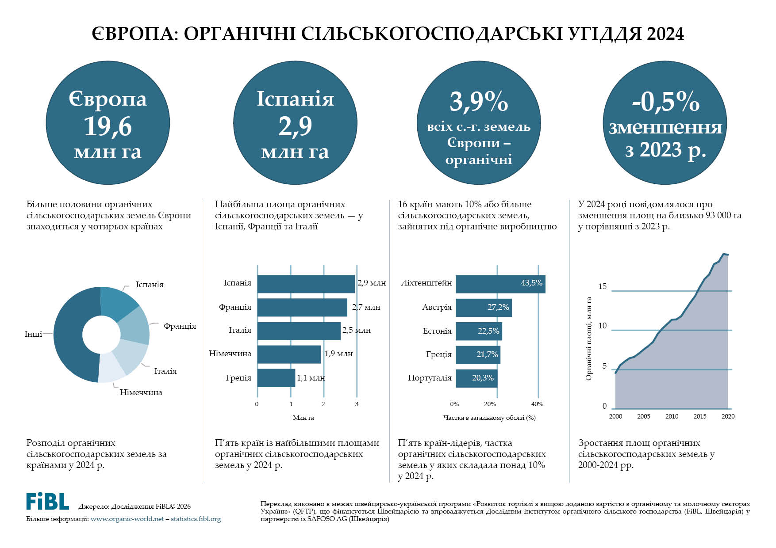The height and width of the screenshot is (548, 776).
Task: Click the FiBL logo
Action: coord(47,502)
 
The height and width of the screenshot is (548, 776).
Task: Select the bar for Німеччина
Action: coord(288,354)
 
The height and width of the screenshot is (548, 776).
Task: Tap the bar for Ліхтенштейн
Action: coord(500,284)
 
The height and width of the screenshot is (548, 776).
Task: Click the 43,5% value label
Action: coord(531,283)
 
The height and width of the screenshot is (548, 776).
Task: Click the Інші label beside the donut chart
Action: coord(33,334)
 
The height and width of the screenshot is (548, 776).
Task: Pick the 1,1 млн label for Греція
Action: coord(311,378)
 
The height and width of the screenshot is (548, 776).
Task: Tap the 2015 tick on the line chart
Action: coord(699,416)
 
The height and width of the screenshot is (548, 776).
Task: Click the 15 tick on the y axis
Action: coord(603,286)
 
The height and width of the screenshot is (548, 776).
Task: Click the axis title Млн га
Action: coord(303,418)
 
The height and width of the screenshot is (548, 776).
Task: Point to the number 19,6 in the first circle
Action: coord(108,127)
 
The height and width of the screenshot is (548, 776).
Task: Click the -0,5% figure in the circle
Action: coord(665,102)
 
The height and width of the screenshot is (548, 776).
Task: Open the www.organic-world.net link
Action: coord(127,519)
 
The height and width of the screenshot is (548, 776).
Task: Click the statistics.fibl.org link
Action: coord(196,519)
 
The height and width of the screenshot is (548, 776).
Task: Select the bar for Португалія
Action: coord(476,378)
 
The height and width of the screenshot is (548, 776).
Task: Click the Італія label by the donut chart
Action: coord(165,371)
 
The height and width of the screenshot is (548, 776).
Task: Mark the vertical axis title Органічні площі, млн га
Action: coord(589,338)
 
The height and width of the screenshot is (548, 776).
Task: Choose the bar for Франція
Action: coord(302,308)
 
